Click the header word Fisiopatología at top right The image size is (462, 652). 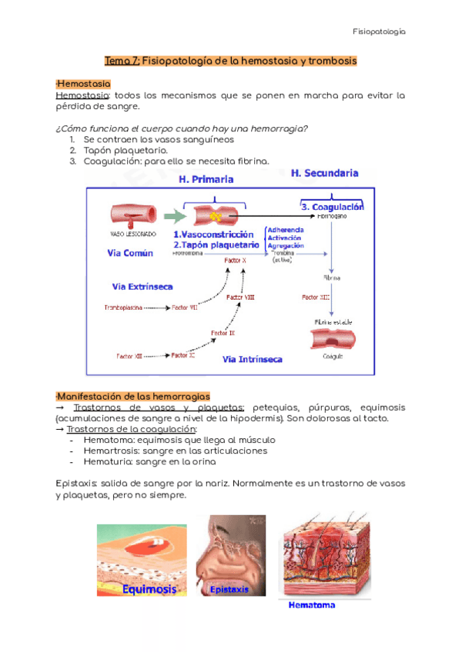[x=378, y=32]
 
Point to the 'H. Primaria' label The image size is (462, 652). [x=206, y=179]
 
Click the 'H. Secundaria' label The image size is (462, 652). [x=324, y=174]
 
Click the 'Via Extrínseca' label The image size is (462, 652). [x=142, y=286]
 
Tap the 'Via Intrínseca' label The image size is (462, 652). [x=252, y=359]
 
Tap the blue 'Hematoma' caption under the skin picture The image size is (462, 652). [x=313, y=605]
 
